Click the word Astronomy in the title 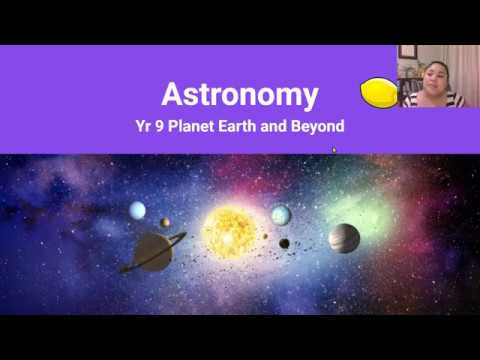240,95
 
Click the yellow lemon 379,93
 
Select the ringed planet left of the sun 153,251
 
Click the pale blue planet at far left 137,210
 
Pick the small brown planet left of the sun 165,223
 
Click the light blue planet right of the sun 281,215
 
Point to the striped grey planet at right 343,238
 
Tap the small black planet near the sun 284,243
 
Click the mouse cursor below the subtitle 334,151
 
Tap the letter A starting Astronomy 172,95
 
